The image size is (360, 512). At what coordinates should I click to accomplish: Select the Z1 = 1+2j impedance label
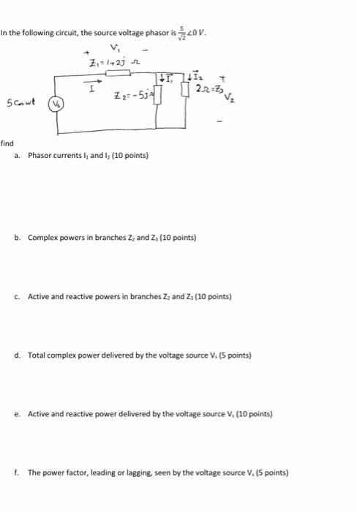(x=107, y=64)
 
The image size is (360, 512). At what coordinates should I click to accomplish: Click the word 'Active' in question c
(x=37, y=297)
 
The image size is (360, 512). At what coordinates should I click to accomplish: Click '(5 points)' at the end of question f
(x=270, y=473)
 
